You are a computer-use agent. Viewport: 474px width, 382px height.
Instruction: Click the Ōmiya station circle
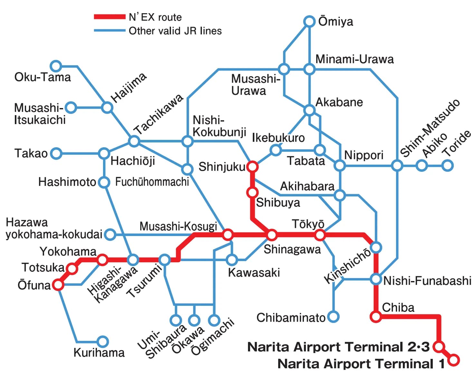pyautogui.click(x=309, y=22)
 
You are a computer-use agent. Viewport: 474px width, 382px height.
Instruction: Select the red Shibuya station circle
pyautogui.click(x=252, y=193)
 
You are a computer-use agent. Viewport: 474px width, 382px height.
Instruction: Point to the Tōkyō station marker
pyautogui.click(x=320, y=235)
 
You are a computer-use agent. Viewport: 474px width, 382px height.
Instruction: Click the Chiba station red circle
pyautogui.click(x=376, y=317)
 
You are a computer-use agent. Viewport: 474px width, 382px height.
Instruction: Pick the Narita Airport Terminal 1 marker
pyautogui.click(x=453, y=360)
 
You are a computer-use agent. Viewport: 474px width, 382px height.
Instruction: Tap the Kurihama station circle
pyautogui.click(x=103, y=341)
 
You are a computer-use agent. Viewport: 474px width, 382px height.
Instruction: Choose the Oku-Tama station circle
pyautogui.click(x=56, y=66)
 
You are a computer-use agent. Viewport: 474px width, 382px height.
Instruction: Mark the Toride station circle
pyautogui.click(x=447, y=166)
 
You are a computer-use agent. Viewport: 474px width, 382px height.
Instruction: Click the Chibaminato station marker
pyautogui.click(x=333, y=317)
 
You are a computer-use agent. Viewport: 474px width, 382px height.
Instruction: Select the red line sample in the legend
pyautogui.click(x=109, y=17)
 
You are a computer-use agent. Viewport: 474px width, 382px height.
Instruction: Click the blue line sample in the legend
pyautogui.click(x=109, y=31)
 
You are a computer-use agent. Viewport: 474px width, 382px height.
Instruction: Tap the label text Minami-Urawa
pyautogui.click(x=354, y=59)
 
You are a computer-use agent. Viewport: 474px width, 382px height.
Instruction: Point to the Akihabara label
pyautogui.click(x=307, y=186)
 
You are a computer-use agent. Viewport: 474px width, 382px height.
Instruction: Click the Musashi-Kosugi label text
pyautogui.click(x=178, y=226)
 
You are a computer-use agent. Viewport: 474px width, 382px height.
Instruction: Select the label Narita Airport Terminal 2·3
pyautogui.click(x=338, y=347)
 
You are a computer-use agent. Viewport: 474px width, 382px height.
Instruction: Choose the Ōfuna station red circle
pyautogui.click(x=58, y=285)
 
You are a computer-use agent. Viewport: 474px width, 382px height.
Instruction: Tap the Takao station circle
pyautogui.click(x=56, y=153)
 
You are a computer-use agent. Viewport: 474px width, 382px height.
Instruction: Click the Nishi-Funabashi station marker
pyautogui.click(x=376, y=279)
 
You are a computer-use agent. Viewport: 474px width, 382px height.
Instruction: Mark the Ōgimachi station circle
pyautogui.click(x=214, y=320)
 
